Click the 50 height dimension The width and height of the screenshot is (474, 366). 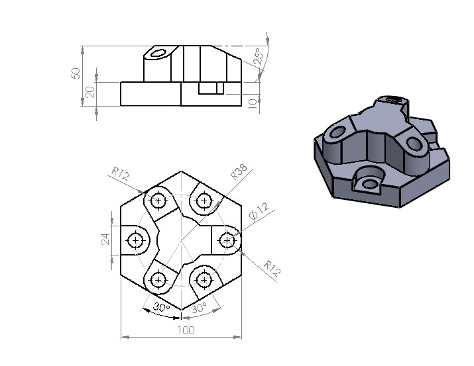(x=76, y=73)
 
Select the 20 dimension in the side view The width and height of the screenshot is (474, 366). (x=90, y=92)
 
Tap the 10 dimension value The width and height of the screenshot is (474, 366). (x=253, y=103)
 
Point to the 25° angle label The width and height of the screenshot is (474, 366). (x=258, y=56)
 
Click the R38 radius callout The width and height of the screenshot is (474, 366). (x=239, y=171)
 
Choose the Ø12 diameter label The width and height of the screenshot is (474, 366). (x=259, y=211)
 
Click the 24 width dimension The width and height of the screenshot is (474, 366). (x=105, y=239)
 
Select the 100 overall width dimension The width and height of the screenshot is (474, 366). (x=186, y=330)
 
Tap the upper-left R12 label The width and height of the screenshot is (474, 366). (x=121, y=173)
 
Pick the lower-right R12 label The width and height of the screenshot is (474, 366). (x=272, y=268)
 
